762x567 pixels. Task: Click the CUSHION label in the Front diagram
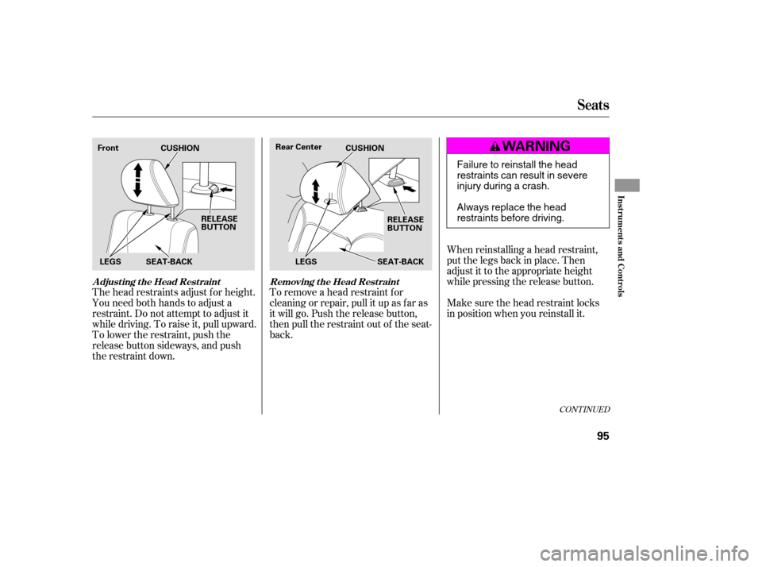pos(179,148)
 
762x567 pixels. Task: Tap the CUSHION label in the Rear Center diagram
pos(364,148)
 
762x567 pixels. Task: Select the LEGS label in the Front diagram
pos(111,262)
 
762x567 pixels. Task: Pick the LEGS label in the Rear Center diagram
pos(306,262)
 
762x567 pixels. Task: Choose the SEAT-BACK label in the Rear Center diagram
pos(400,262)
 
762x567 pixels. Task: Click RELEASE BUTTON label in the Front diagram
pos(219,222)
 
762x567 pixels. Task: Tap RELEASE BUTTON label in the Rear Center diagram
pos(405,223)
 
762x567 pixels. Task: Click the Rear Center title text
pos(298,147)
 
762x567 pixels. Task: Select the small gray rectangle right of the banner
pos(627,185)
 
